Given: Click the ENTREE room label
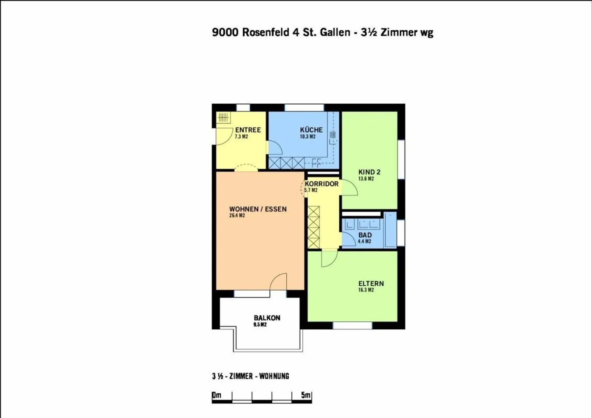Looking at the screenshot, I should [x=248, y=130].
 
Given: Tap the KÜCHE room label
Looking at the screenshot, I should [x=311, y=130].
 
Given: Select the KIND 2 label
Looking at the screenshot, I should [x=369, y=172].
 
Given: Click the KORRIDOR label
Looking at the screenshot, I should [x=321, y=184].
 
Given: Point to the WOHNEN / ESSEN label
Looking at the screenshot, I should [x=258, y=209].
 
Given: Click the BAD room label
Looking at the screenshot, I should [x=365, y=235].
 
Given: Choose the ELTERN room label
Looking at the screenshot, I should [x=371, y=283].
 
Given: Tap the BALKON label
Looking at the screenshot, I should [x=267, y=318].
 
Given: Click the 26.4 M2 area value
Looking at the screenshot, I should [x=237, y=216].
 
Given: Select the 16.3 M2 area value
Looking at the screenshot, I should [x=366, y=290].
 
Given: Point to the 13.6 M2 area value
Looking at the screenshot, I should [x=366, y=179].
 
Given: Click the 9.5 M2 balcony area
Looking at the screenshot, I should [x=260, y=324].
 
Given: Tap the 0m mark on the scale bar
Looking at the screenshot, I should [x=217, y=395].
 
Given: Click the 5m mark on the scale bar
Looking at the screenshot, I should [x=306, y=395].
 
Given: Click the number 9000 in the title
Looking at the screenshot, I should [x=225, y=32].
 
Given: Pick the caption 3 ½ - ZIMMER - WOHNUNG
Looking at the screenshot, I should [x=250, y=376].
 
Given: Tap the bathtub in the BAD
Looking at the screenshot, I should [x=390, y=230].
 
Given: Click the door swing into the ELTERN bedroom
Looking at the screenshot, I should [x=328, y=259].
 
